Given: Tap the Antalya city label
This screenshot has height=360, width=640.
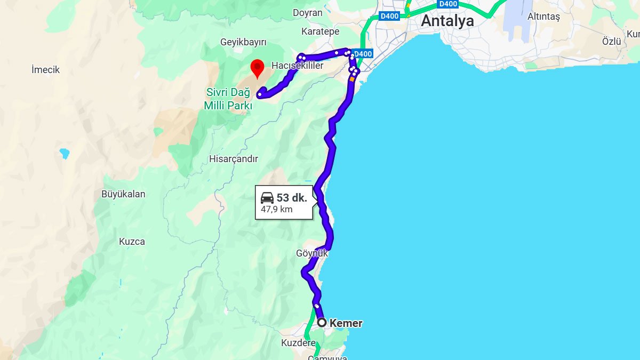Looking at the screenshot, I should [x=447, y=21].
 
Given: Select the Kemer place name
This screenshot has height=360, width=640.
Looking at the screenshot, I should [x=346, y=323].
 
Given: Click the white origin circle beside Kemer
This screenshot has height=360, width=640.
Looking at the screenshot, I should [x=322, y=323].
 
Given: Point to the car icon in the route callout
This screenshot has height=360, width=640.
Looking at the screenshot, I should [x=267, y=198].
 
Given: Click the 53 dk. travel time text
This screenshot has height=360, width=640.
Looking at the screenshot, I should [x=292, y=198].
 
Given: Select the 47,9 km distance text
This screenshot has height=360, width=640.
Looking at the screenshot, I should [x=277, y=210].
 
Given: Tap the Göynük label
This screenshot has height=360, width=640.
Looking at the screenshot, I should [x=312, y=253].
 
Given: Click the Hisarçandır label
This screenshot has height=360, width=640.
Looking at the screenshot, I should [x=234, y=159].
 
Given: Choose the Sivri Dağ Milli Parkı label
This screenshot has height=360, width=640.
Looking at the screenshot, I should [x=228, y=99].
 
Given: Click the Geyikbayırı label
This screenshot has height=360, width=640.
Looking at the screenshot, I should [x=243, y=42].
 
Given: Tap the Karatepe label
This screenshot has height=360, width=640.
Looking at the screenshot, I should [x=320, y=31].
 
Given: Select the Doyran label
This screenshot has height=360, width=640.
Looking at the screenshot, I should [x=308, y=13].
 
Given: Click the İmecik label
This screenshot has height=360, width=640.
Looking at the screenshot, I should [x=45, y=70].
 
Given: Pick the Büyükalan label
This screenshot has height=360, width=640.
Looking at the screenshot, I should [x=123, y=194].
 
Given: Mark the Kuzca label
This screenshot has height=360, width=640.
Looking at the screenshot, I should [x=132, y=242].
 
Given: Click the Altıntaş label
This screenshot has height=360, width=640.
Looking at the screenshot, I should [x=543, y=17].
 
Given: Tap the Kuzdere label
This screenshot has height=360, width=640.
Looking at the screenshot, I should [x=298, y=343].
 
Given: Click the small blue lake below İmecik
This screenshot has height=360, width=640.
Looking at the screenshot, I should [x=65, y=154].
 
